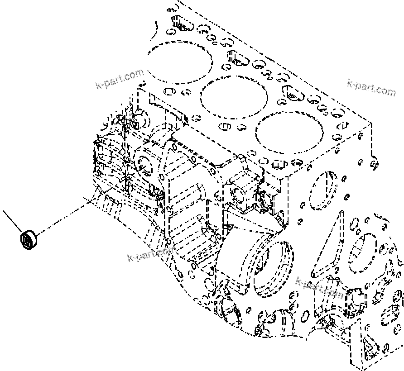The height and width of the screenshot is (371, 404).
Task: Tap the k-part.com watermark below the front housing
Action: coord(151,254)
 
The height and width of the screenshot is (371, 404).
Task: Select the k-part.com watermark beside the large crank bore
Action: coord(319,288)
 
